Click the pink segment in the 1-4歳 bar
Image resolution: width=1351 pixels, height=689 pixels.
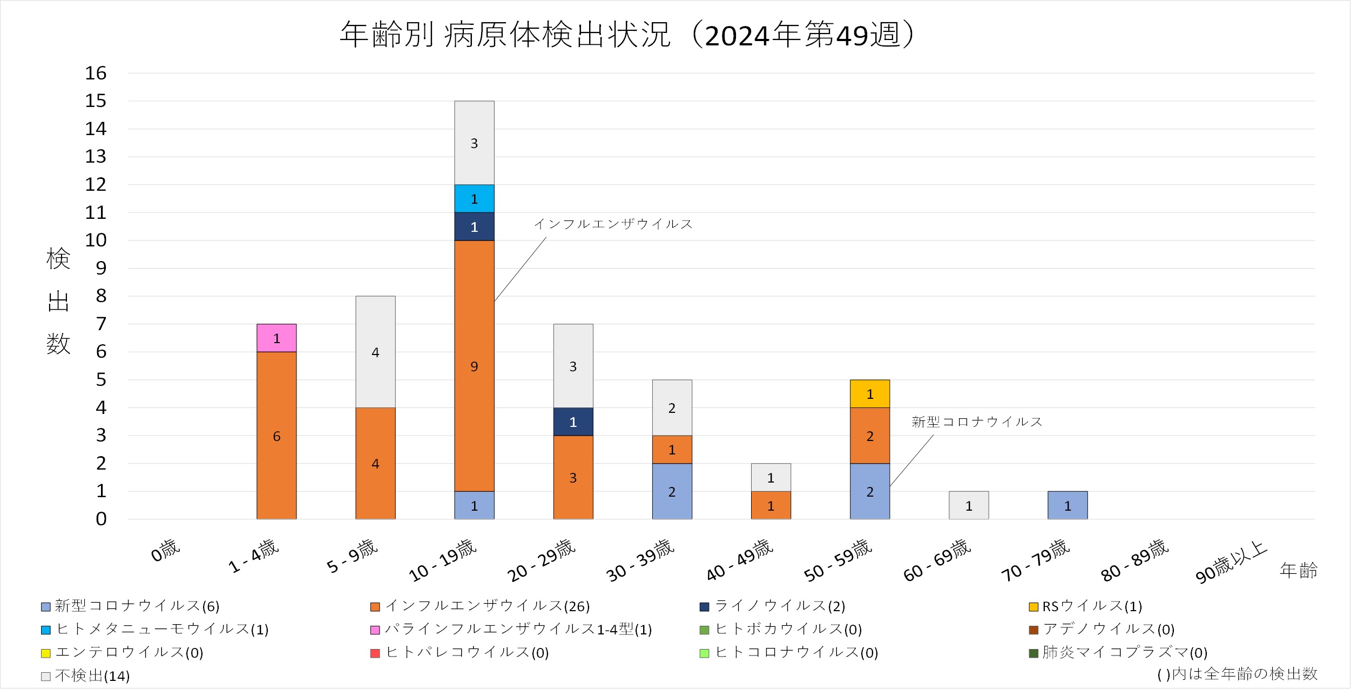click(x=276, y=338)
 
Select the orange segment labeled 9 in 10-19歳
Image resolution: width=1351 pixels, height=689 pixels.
click(x=474, y=366)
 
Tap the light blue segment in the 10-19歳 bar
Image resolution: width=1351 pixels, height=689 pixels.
click(x=474, y=199)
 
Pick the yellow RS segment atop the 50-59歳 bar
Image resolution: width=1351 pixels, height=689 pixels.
click(x=870, y=394)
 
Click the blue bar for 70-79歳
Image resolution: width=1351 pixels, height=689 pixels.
click(x=1068, y=505)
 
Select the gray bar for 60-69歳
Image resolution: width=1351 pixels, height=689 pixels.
click(x=969, y=505)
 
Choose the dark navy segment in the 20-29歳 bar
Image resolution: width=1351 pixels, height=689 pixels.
click(x=573, y=422)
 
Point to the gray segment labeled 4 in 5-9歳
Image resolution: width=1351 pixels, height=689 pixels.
click(x=375, y=352)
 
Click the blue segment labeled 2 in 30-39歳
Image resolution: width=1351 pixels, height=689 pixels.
click(x=672, y=491)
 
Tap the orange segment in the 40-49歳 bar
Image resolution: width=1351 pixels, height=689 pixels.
click(x=771, y=505)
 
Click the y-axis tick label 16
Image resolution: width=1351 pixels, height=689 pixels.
click(x=96, y=73)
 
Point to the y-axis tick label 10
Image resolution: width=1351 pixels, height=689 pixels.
click(x=96, y=240)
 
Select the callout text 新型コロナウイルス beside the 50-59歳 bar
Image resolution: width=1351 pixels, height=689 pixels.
click(x=977, y=422)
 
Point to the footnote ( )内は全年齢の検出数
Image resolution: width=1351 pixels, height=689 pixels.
click(x=1237, y=674)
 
